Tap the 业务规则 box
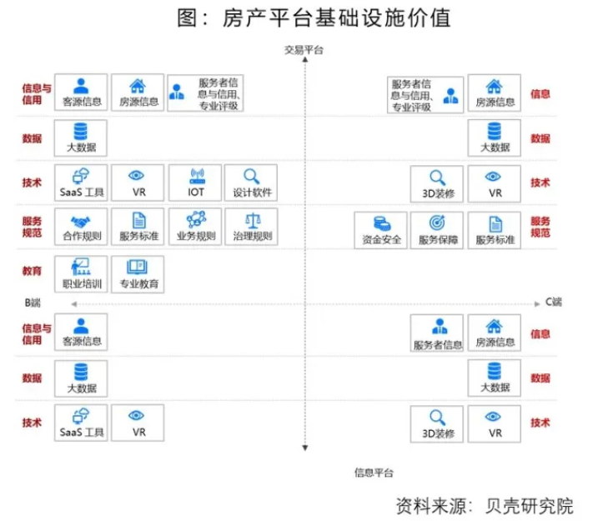pos(194,228)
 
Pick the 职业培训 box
pos(81,273)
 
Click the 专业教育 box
pos(138,273)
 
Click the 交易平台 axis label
pos(304,51)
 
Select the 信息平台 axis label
pos(374,473)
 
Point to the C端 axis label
pos(554,302)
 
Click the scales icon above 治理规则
pos(251,220)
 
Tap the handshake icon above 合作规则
pos(81,221)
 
